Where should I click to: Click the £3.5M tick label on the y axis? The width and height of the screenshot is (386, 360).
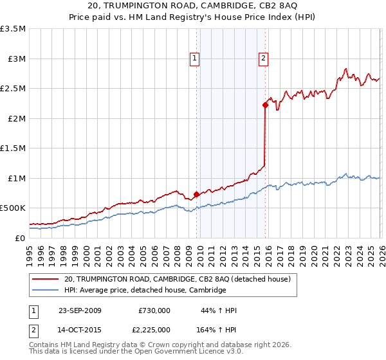[13, 29]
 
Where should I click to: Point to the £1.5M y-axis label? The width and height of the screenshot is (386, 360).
[13, 148]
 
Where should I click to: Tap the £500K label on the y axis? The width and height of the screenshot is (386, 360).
[13, 208]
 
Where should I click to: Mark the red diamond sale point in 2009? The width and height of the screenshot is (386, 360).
[196, 194]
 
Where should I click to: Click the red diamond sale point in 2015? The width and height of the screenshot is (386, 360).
[264, 105]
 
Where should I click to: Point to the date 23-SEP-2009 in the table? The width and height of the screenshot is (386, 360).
[80, 310]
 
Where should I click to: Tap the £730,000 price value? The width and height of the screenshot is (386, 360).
[154, 310]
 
